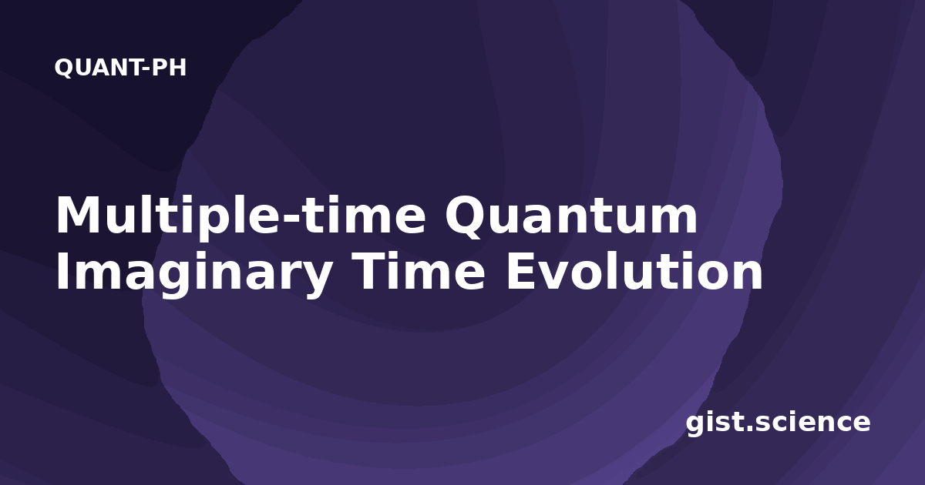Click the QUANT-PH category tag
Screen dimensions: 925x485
coord(120,68)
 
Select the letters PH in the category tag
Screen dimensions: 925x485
coord(169,67)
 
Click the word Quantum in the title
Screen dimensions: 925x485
coord(571,216)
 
